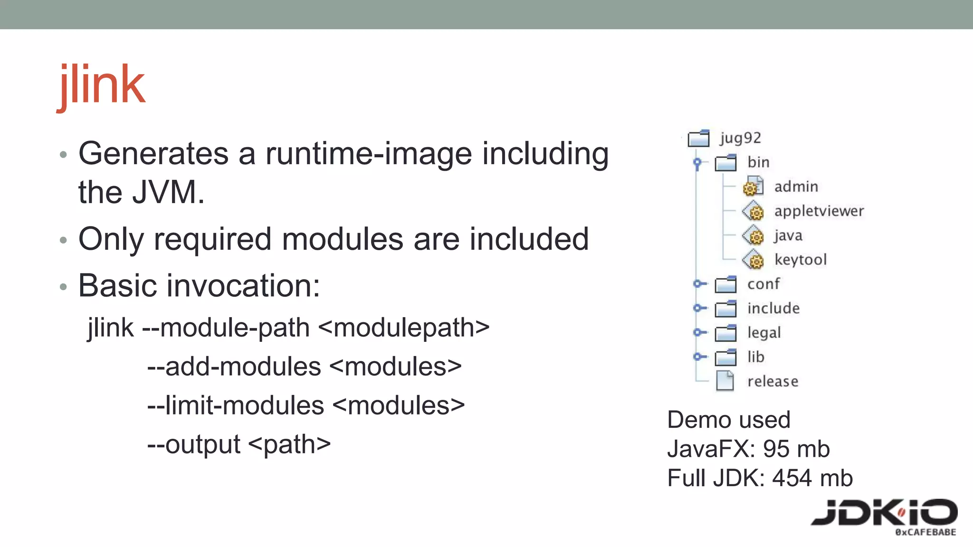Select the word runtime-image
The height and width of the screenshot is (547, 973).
368,154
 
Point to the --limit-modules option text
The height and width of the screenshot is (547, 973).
236,406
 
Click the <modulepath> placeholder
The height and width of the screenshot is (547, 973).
404,328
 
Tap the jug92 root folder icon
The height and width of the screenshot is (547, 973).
699,138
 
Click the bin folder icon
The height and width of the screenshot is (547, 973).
725,163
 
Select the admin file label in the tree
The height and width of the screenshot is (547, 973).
796,187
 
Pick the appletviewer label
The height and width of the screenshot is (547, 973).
819,211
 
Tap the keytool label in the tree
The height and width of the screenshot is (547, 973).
801,260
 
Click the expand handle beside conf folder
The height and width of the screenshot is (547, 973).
697,284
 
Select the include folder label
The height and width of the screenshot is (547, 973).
773,308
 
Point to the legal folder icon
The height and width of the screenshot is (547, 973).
725,333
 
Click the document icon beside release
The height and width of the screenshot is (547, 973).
725,381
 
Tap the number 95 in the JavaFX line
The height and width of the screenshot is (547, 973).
776,449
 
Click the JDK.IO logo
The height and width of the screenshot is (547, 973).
884,515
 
